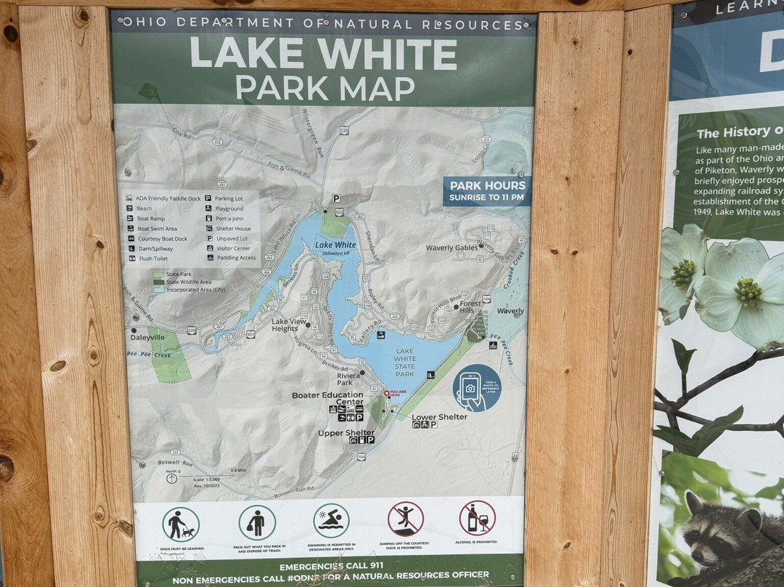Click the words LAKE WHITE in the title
(x=324, y=54)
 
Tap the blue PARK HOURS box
(x=486, y=190)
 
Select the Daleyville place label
(x=147, y=338)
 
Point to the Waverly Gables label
(x=452, y=248)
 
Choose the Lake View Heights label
(x=285, y=325)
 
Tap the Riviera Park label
(x=345, y=378)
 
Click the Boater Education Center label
(x=327, y=398)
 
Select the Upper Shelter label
(x=346, y=433)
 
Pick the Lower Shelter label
(x=439, y=417)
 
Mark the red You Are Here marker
(x=387, y=393)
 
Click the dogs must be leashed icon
(x=180, y=523)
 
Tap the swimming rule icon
(x=331, y=520)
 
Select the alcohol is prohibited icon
(x=477, y=518)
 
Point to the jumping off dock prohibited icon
(x=405, y=519)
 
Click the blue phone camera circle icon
(x=476, y=387)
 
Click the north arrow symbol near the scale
(x=171, y=478)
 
